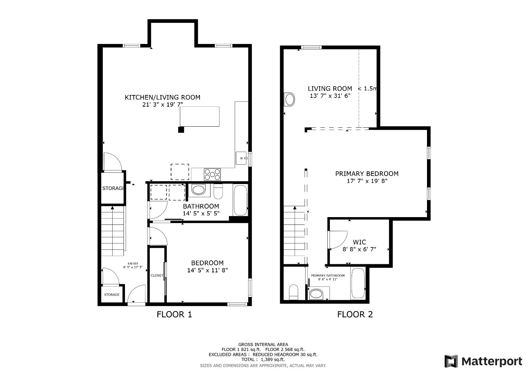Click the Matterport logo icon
click(451, 361)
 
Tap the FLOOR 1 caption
click(174, 314)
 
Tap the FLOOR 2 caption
click(355, 314)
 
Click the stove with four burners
click(212, 175)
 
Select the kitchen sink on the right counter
click(241, 158)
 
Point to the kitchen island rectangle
click(200, 116)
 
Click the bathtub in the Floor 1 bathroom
click(240, 200)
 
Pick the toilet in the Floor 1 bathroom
click(218, 192)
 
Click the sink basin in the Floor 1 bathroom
click(198, 190)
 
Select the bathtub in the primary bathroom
click(358, 284)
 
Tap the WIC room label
click(359, 242)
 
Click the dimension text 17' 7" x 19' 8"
click(367, 181)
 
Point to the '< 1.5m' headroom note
click(367, 89)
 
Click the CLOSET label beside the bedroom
click(157, 275)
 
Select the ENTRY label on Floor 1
click(133, 264)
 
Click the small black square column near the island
click(181, 129)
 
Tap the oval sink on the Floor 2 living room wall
click(289, 100)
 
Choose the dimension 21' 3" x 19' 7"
click(163, 105)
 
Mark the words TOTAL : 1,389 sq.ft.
click(263, 360)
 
